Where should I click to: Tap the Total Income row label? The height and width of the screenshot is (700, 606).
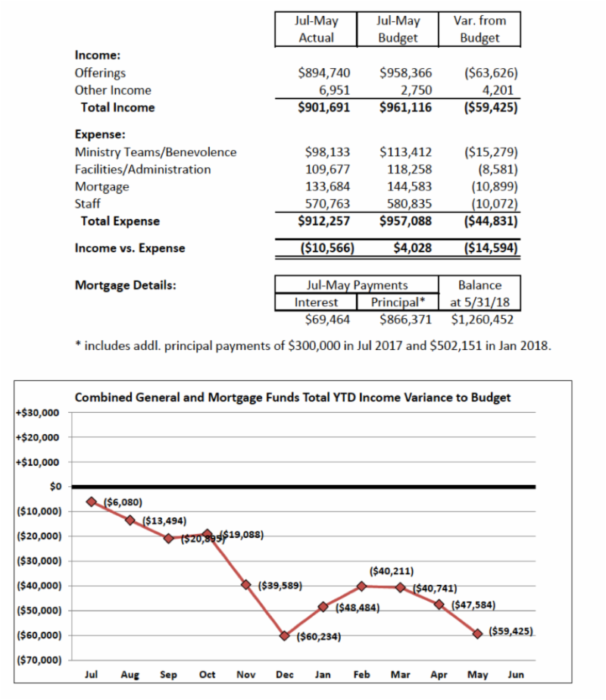pyautogui.click(x=117, y=108)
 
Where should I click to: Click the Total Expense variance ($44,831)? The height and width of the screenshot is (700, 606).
pyautogui.click(x=489, y=221)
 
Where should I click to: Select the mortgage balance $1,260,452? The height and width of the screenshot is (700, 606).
pyautogui.click(x=483, y=320)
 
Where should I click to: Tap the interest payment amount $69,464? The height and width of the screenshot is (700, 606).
pyautogui.click(x=322, y=320)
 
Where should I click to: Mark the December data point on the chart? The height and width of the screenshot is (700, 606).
pyautogui.click(x=285, y=636)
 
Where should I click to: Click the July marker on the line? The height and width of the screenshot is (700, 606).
pyautogui.click(x=92, y=502)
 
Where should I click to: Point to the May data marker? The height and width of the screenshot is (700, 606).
pyautogui.click(x=477, y=633)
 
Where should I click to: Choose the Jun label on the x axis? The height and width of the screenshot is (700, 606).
pyautogui.click(x=516, y=674)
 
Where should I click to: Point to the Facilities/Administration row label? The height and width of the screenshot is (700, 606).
pyautogui.click(x=143, y=169)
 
